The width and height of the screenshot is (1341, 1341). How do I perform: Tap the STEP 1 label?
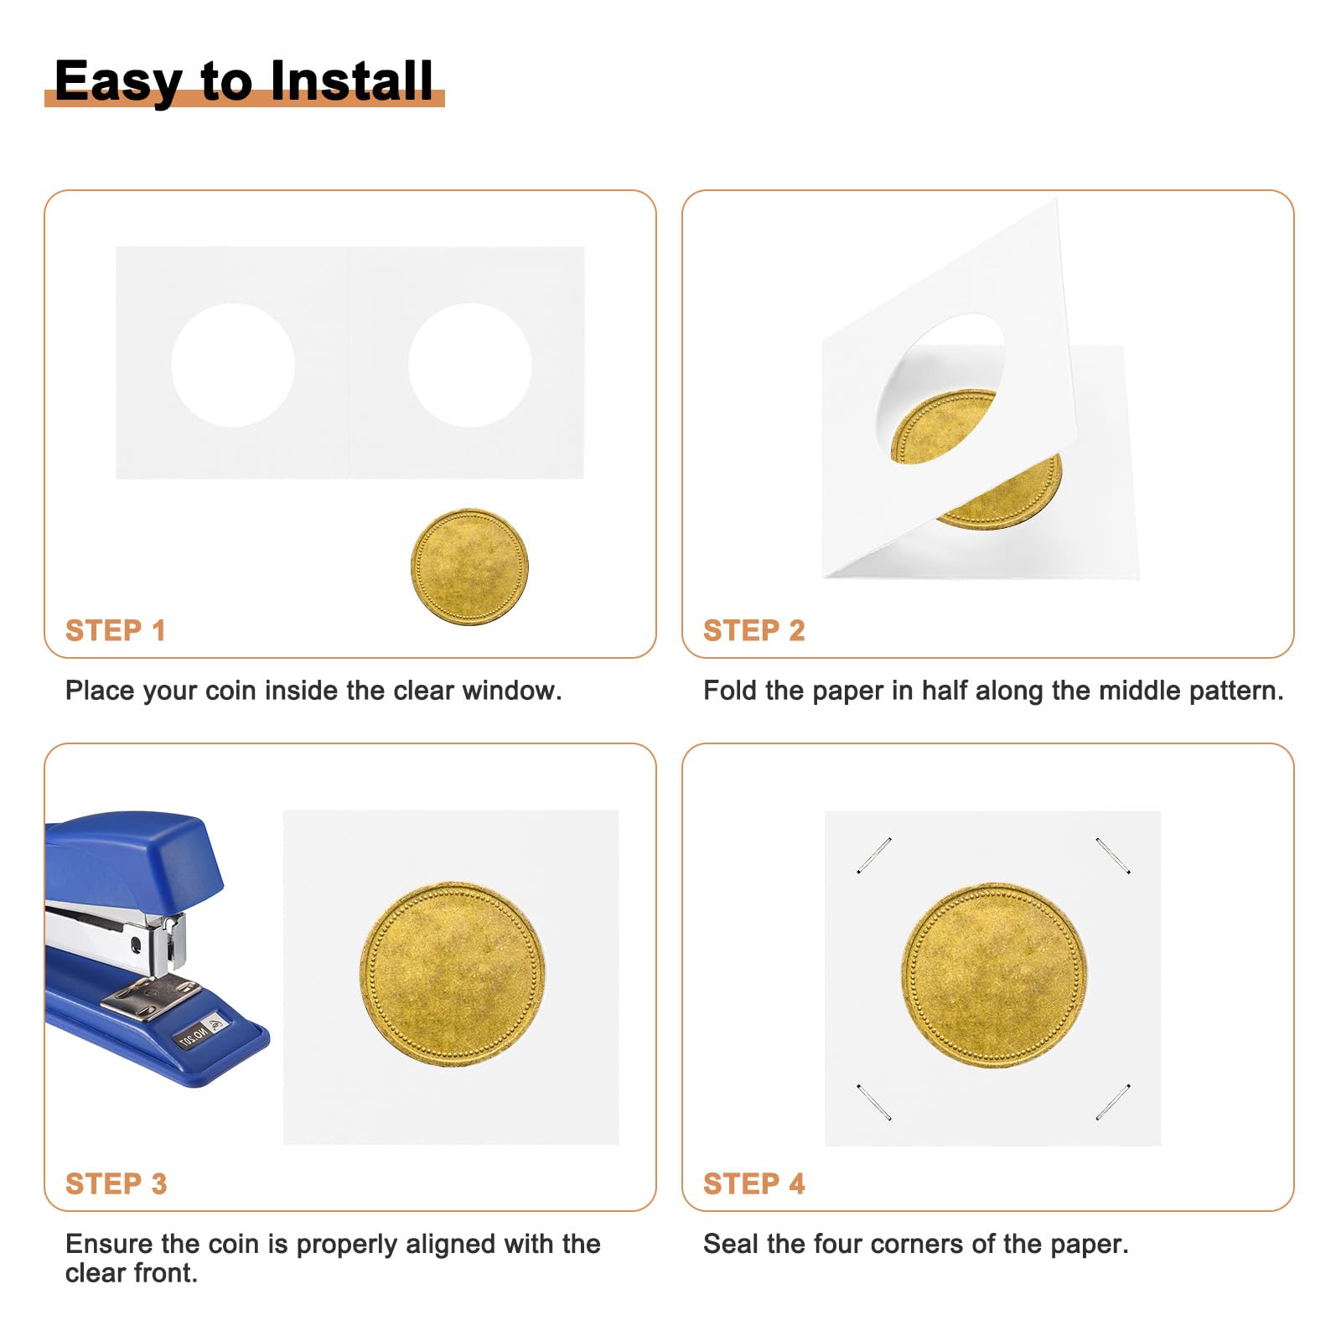point(116,630)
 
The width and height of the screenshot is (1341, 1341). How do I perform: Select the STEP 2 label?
point(753,630)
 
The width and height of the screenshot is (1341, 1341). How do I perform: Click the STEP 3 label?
point(116,1183)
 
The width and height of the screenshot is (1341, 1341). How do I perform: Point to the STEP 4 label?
point(753,1183)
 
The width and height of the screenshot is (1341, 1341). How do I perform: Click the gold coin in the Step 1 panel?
point(469,567)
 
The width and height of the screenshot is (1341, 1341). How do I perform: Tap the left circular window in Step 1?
point(233,365)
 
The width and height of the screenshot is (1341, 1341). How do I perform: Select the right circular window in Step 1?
point(469,365)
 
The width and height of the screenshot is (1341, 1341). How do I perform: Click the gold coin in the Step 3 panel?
point(453,974)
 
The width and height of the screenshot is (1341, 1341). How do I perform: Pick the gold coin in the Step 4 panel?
point(994,975)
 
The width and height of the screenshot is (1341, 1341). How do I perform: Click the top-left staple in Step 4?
point(873,856)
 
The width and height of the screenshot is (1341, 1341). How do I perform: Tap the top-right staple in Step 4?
point(1113,856)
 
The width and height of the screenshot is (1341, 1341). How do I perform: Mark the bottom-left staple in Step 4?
point(873,1101)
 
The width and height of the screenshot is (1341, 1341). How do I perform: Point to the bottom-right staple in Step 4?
point(1113,1101)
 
